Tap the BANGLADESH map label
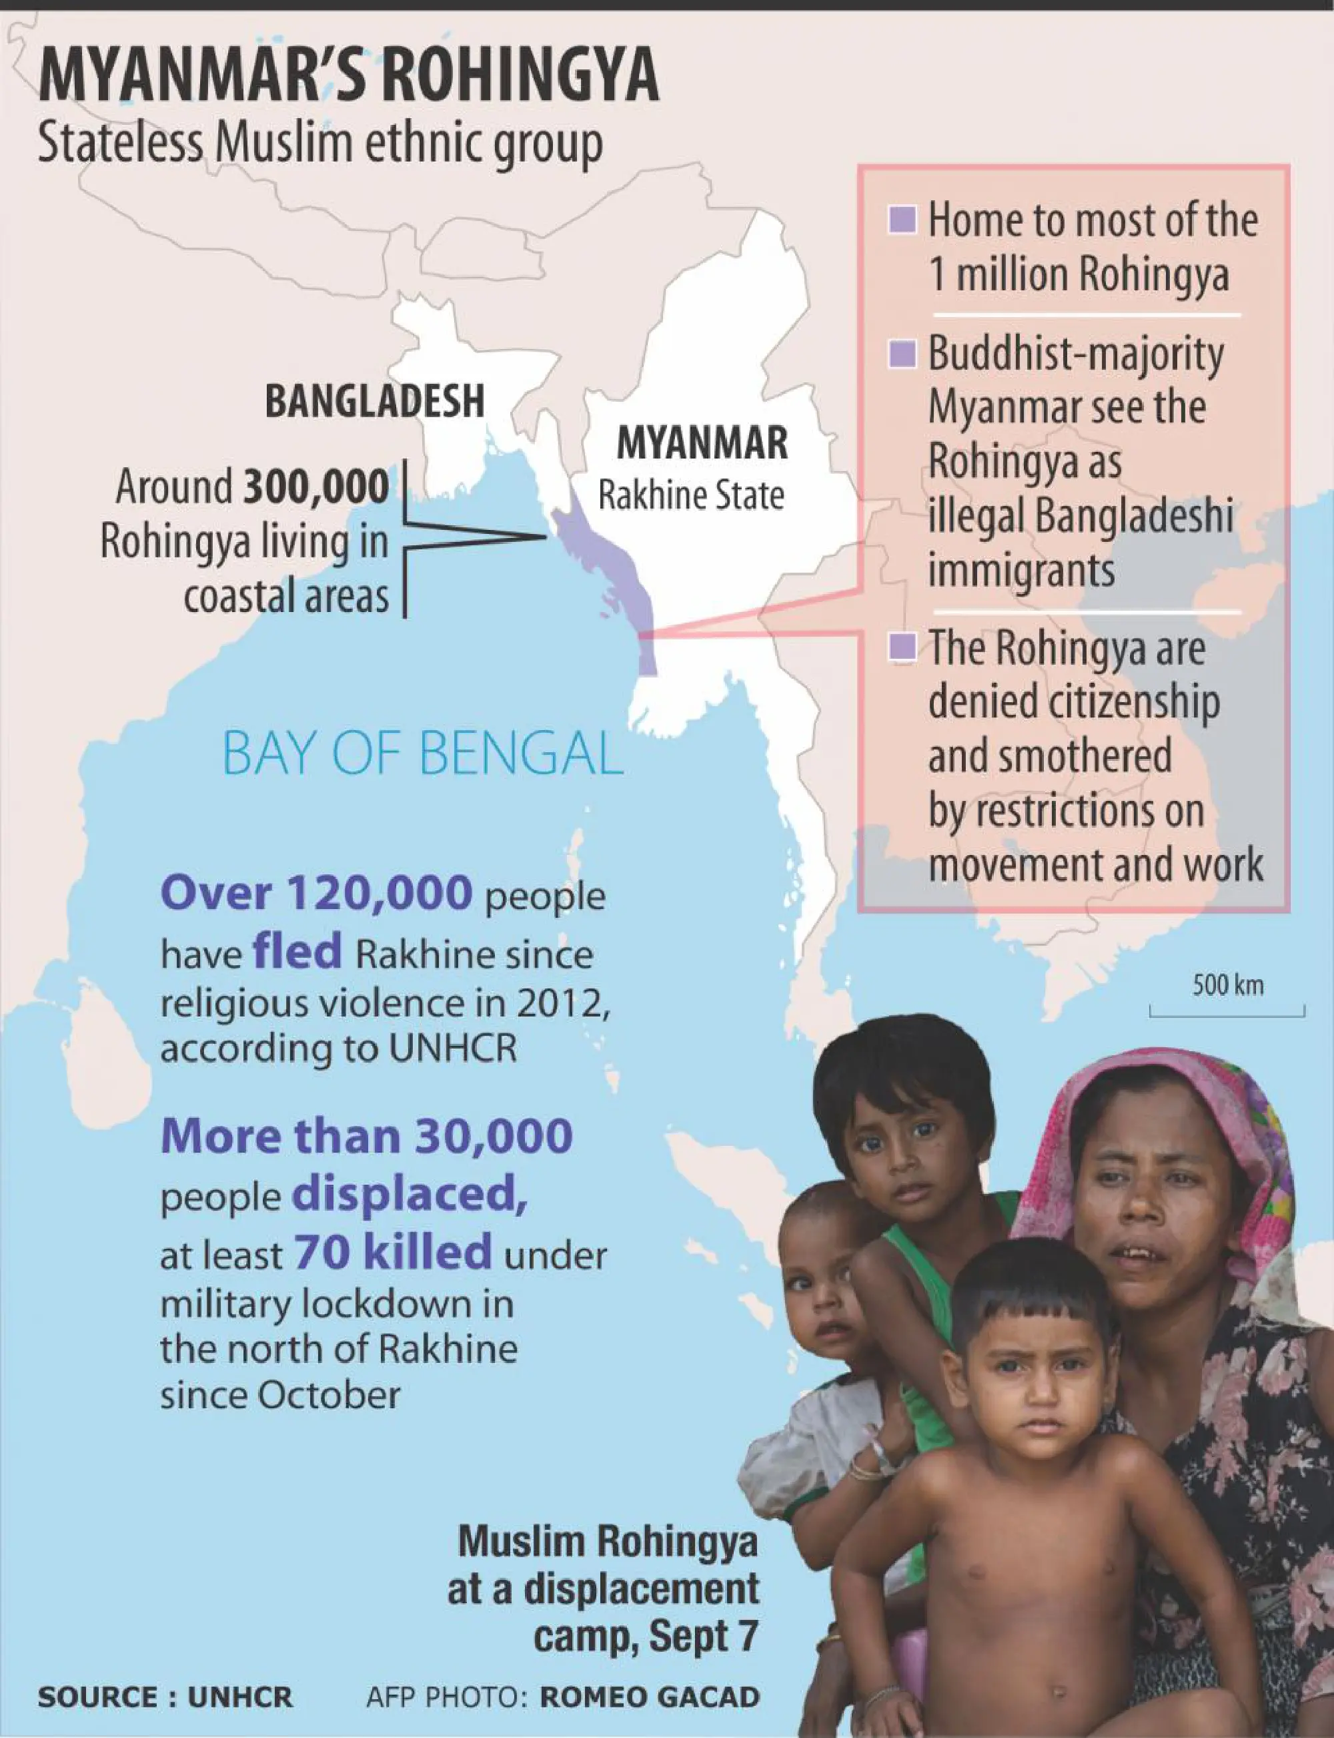[x=374, y=401]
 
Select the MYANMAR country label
[x=702, y=443]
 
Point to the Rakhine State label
[x=691, y=496]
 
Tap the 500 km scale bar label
[x=1227, y=985]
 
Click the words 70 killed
[x=393, y=1253]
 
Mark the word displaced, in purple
[x=410, y=1195]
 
